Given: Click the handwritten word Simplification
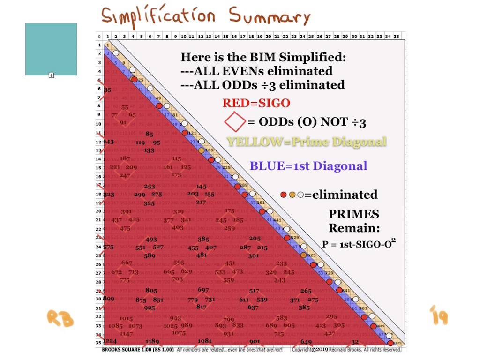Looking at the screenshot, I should (x=159, y=16).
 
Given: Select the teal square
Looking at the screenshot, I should (x=51, y=49).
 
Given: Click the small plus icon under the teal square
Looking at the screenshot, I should (x=51, y=75).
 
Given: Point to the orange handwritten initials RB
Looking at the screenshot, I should (x=60, y=318).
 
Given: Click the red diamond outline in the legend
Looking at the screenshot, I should (x=235, y=122).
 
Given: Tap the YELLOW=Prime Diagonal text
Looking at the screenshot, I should (x=307, y=142).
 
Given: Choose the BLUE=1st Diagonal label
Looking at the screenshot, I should (x=308, y=165).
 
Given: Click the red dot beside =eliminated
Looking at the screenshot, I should (x=284, y=195).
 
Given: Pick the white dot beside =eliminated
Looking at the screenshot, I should (x=300, y=195).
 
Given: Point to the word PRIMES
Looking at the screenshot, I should (x=354, y=214).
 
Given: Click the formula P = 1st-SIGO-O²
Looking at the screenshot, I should (x=357, y=243).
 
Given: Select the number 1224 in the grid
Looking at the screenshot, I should (x=110, y=341).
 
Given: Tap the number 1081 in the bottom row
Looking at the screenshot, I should (x=205, y=341).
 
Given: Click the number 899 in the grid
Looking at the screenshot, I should (x=109, y=299).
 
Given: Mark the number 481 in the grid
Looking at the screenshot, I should (x=202, y=255).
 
